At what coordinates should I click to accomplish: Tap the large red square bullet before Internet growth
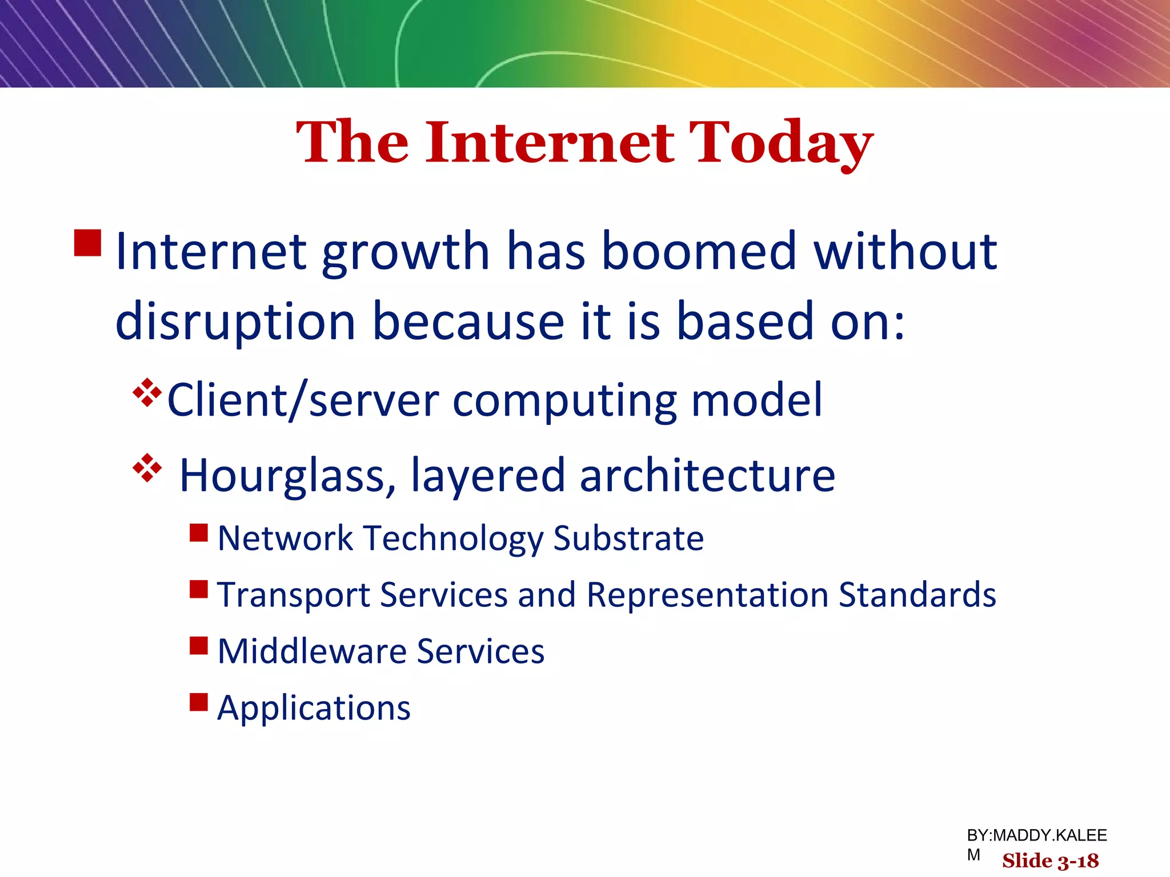tap(88, 243)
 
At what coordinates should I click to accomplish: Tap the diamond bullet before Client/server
tap(147, 393)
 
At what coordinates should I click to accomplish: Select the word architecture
tap(707, 476)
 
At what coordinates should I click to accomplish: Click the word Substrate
tap(628, 538)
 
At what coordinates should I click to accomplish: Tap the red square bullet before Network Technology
tap(199, 533)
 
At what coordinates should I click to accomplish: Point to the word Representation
tap(707, 595)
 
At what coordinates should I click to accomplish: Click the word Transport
tap(294, 596)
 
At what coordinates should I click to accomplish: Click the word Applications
tap(314, 709)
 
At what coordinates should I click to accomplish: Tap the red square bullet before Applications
tap(199, 702)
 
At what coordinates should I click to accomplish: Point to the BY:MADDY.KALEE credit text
tap(1036, 836)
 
